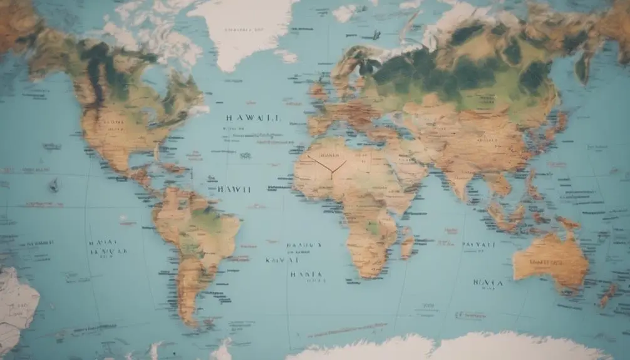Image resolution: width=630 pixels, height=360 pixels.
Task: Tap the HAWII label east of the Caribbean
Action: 234,188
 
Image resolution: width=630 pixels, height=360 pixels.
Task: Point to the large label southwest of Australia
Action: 488,282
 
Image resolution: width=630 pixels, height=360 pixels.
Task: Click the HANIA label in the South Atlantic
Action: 306,274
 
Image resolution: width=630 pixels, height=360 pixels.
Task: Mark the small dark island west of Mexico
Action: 54,185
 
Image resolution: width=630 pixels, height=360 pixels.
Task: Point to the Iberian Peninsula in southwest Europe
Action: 318,125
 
